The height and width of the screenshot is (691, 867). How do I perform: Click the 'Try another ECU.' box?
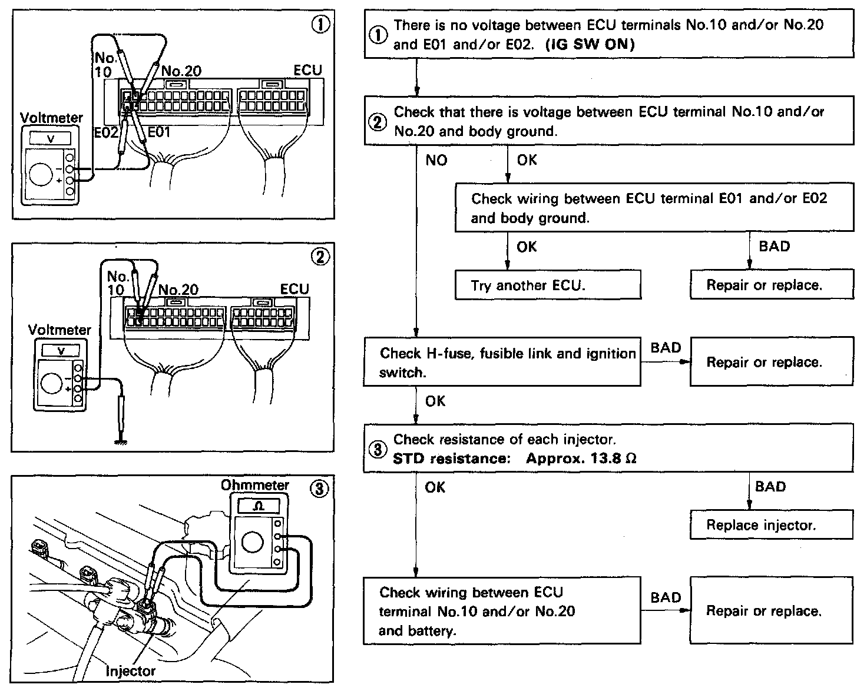click(x=548, y=285)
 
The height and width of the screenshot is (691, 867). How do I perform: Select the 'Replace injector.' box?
click(x=771, y=525)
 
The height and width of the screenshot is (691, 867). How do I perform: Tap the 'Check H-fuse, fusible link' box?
click(x=502, y=362)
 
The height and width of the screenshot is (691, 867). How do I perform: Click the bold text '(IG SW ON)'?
click(x=590, y=45)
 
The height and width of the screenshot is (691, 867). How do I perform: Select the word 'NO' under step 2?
click(x=436, y=160)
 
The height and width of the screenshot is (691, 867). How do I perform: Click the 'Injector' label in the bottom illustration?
click(x=130, y=670)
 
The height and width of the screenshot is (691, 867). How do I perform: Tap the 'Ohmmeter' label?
click(x=254, y=485)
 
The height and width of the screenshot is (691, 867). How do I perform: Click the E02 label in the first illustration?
click(x=106, y=132)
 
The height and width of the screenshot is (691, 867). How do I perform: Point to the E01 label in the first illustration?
click(x=158, y=132)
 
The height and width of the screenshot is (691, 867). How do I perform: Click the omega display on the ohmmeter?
click(x=259, y=506)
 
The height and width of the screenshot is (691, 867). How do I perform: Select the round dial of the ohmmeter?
click(x=252, y=543)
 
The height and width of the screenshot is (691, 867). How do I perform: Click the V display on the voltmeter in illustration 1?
click(x=49, y=138)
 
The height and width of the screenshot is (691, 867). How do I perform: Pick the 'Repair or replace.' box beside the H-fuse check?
click(x=771, y=362)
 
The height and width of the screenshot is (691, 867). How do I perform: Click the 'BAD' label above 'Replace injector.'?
click(x=770, y=487)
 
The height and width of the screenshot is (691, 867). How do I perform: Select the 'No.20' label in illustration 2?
click(x=178, y=290)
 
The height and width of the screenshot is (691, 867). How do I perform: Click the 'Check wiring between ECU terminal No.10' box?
click(x=502, y=610)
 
